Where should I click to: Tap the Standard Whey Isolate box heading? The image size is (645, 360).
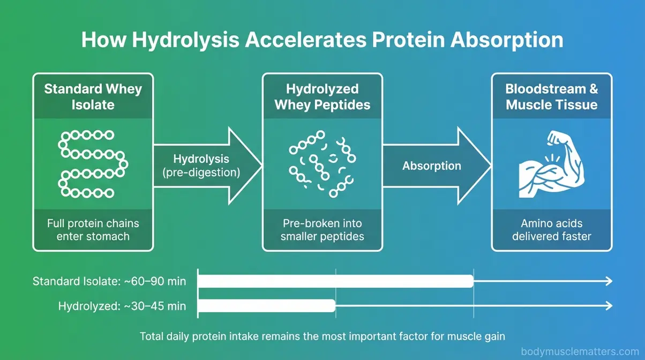click(93, 96)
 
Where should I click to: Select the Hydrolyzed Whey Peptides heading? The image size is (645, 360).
click(322, 96)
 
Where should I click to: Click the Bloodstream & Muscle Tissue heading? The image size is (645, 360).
click(551, 96)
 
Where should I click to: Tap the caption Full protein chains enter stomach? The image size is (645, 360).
click(93, 229)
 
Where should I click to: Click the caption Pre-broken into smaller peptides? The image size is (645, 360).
click(322, 229)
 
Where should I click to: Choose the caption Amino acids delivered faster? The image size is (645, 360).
click(551, 229)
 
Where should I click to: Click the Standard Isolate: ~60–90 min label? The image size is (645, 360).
click(109, 281)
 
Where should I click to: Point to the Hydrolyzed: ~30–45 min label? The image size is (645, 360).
click(122, 306)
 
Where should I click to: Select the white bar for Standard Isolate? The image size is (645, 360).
click(335, 281)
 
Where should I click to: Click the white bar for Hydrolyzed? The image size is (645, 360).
click(266, 306)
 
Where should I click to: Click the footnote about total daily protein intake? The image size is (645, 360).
click(322, 336)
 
